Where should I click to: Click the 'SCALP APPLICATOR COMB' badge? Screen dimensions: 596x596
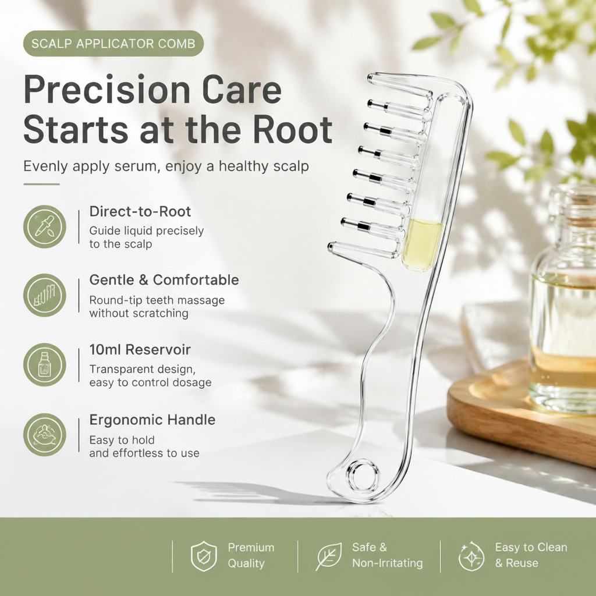[113, 43]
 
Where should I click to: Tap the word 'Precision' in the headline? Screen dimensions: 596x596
[107, 90]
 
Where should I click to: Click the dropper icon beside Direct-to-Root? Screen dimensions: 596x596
[45, 226]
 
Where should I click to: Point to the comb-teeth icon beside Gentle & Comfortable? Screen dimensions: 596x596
[45, 295]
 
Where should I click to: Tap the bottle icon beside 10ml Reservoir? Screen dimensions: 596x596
[45, 365]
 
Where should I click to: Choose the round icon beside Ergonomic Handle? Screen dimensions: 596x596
[45, 434]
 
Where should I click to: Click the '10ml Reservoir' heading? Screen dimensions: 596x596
[140, 350]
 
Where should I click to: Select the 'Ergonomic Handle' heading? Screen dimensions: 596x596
[152, 420]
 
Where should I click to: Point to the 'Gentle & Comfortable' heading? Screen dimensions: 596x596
[164, 280]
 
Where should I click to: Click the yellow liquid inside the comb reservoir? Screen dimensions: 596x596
[421, 244]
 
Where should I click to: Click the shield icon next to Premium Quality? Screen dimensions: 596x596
[204, 556]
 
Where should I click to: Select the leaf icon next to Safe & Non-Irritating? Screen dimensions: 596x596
[329, 556]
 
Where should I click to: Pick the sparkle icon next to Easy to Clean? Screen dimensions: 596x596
[471, 556]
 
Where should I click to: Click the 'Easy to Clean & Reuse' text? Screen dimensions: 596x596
[531, 555]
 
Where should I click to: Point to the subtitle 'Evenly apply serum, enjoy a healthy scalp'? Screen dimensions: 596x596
[166, 166]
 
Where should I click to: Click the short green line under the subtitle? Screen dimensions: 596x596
[42, 185]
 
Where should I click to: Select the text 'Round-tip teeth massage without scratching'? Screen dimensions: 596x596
[157, 307]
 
